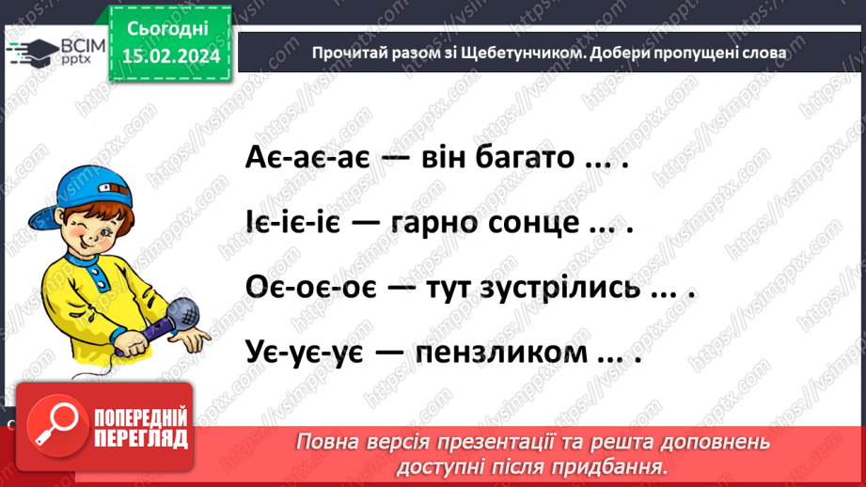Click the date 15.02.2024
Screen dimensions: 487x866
click(170, 56)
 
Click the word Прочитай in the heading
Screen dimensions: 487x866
click(349, 54)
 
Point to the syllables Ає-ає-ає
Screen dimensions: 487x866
click(305, 158)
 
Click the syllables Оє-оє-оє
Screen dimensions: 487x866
click(308, 289)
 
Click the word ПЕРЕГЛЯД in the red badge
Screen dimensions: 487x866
click(141, 438)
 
